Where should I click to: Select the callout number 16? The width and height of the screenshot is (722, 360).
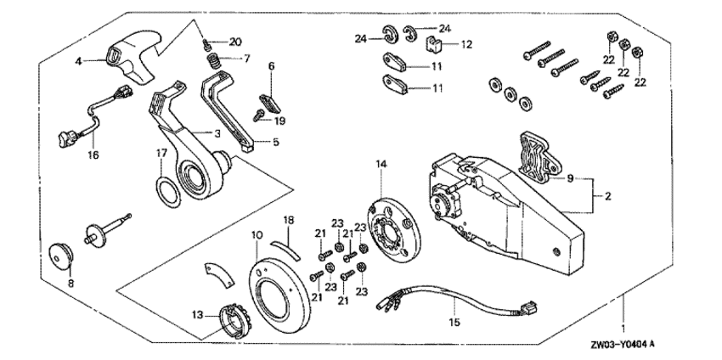point(93,156)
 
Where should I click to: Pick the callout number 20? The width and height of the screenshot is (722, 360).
point(235,42)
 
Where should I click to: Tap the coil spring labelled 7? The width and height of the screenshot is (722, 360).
point(216,63)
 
